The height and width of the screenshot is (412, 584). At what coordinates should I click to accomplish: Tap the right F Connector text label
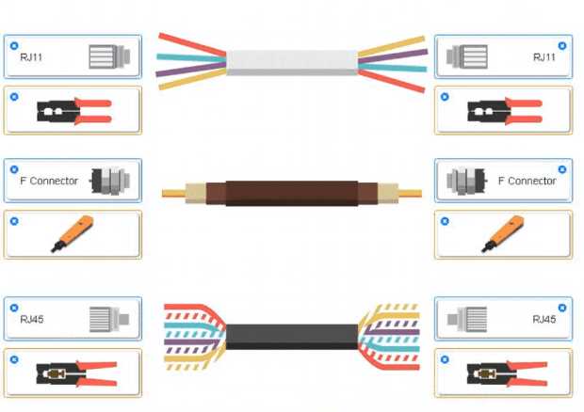(x=527, y=181)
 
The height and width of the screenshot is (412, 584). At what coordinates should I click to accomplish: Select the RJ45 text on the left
(x=32, y=319)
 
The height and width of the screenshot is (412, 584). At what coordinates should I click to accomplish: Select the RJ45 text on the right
(x=544, y=319)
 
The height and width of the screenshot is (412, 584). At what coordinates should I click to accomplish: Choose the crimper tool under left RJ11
(x=73, y=111)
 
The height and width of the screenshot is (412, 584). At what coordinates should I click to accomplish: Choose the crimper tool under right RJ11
(x=504, y=111)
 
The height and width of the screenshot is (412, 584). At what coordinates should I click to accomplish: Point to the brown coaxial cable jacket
(x=291, y=192)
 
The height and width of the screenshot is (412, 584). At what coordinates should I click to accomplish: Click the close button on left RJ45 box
(x=13, y=307)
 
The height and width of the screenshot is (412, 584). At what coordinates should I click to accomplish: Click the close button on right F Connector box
(x=562, y=169)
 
